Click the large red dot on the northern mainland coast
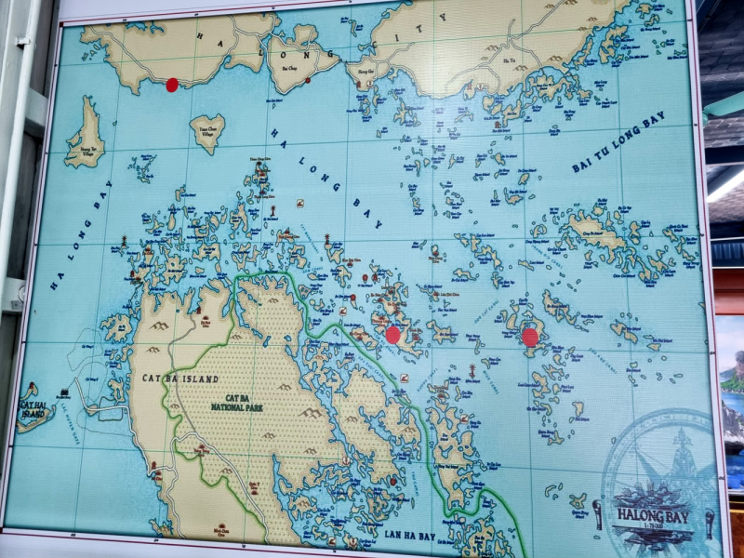(172, 85)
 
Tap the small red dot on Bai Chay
(308, 80)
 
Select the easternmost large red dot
(530, 337)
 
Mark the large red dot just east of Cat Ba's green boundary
(393, 334)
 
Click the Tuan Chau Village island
(206, 132)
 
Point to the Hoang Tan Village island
(86, 135)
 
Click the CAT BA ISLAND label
(179, 379)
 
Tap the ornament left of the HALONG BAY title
(597, 513)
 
